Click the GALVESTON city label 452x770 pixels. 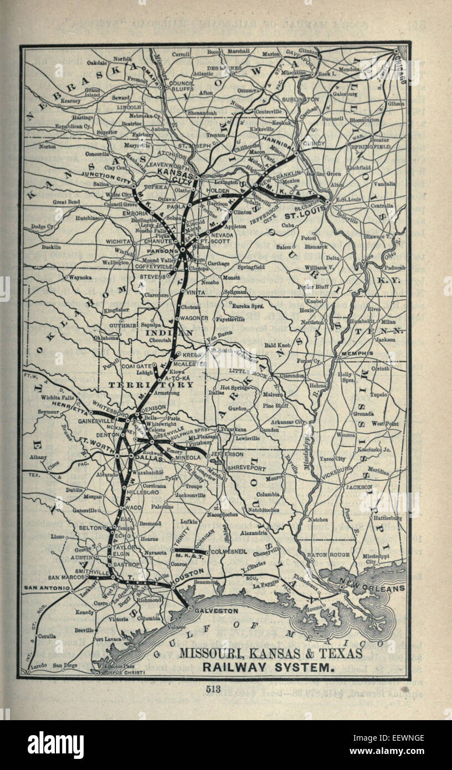(x=217, y=610)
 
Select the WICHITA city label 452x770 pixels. (x=118, y=242)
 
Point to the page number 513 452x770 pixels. (x=213, y=689)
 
